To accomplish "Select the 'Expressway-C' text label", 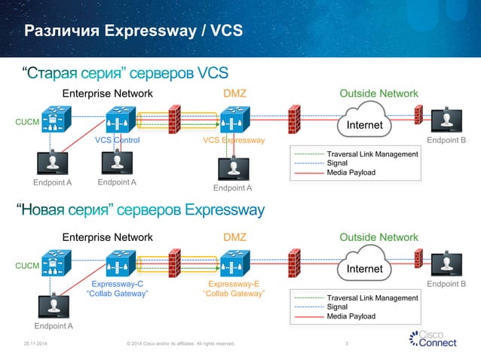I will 117,284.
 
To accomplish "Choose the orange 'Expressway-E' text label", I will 234,284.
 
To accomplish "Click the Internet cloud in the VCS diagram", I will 364,123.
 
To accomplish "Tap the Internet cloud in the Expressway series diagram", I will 364,267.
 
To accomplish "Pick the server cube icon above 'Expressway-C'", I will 121,264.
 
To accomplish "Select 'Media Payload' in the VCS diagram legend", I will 351,172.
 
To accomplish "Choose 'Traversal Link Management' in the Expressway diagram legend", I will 372,298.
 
